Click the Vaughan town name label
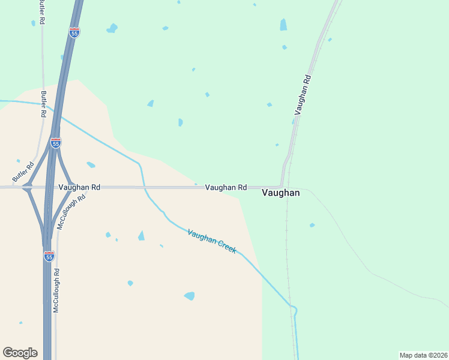(281, 193)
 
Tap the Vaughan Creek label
(212, 241)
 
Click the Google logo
(20, 353)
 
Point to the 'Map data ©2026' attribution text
(423, 355)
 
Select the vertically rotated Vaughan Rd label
(303, 95)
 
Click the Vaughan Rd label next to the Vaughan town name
(226, 187)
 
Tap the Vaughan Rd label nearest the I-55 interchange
(79, 187)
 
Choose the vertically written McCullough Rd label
(56, 290)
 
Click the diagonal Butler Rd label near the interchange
(21, 172)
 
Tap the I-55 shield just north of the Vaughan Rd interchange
(56, 143)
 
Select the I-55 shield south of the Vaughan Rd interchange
(49, 256)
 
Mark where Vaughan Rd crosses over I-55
(51, 187)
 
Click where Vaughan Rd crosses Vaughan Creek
(144, 187)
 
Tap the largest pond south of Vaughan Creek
(190, 296)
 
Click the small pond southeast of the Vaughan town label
(312, 225)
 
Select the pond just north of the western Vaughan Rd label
(91, 164)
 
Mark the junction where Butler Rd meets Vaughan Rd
(27, 187)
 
